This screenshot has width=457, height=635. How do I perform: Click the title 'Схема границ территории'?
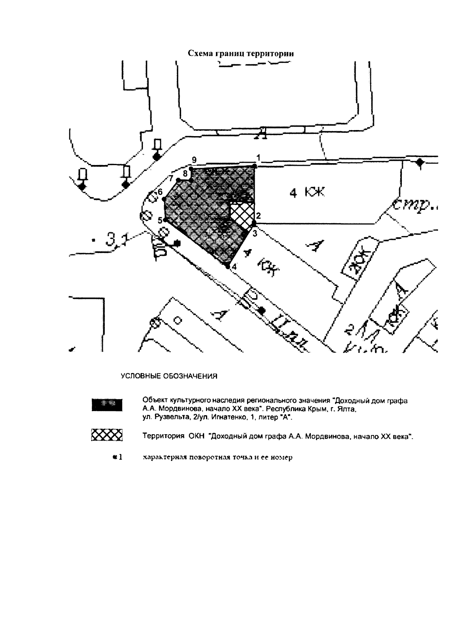pos(241,54)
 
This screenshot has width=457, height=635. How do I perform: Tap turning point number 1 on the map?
pos(255,166)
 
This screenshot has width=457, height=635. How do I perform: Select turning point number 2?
pos(254,222)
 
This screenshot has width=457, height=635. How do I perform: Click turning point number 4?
pos(228,267)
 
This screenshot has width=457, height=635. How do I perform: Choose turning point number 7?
pos(178,179)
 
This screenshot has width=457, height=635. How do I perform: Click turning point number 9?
pos(192,168)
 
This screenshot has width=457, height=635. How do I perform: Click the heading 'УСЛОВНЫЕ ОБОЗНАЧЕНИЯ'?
pos(169,376)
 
